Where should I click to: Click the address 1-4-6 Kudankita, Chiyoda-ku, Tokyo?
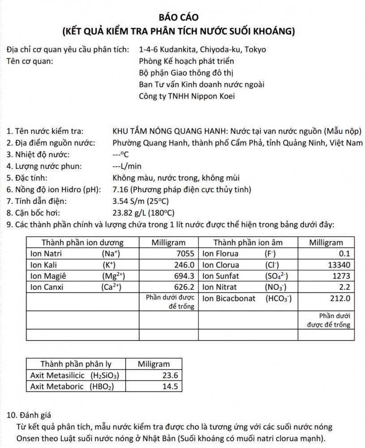coord(202,49)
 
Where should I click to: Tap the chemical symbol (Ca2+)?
coord(112,286)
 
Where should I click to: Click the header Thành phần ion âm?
coord(248,242)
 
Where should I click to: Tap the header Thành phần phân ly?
coord(74,364)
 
